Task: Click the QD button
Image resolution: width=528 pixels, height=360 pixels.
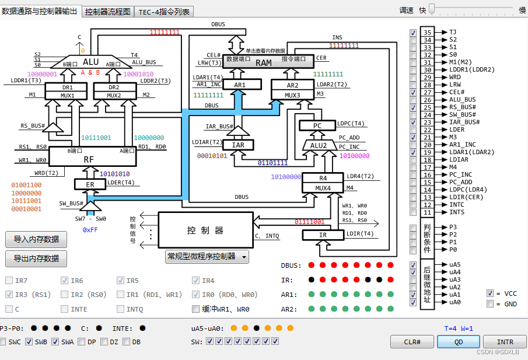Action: [x=458, y=341]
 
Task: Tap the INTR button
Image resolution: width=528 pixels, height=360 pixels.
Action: [x=505, y=341]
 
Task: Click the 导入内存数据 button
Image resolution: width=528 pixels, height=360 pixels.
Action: [x=36, y=239]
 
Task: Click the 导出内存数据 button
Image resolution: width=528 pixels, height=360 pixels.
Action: [x=36, y=258]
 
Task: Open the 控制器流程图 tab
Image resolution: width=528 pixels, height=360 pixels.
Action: [x=108, y=12]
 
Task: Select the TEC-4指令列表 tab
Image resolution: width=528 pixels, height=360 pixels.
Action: [x=164, y=12]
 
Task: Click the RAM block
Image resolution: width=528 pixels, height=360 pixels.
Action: [x=264, y=63]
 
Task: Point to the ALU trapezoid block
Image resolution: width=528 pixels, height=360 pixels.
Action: [x=90, y=62]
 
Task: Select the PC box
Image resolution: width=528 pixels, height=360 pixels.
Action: [x=317, y=125]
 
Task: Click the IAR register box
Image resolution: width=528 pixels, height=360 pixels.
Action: [x=238, y=145]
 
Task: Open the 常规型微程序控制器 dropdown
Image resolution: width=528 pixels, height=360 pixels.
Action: [x=207, y=256]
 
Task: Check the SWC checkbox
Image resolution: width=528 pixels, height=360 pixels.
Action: [x=4, y=341]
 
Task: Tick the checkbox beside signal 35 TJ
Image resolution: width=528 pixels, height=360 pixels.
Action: [x=413, y=33]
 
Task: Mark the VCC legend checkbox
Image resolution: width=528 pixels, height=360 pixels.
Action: [x=490, y=293]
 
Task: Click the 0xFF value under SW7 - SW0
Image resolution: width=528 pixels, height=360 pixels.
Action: [x=90, y=230]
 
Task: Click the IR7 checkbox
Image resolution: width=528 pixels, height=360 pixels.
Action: [x=9, y=281]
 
